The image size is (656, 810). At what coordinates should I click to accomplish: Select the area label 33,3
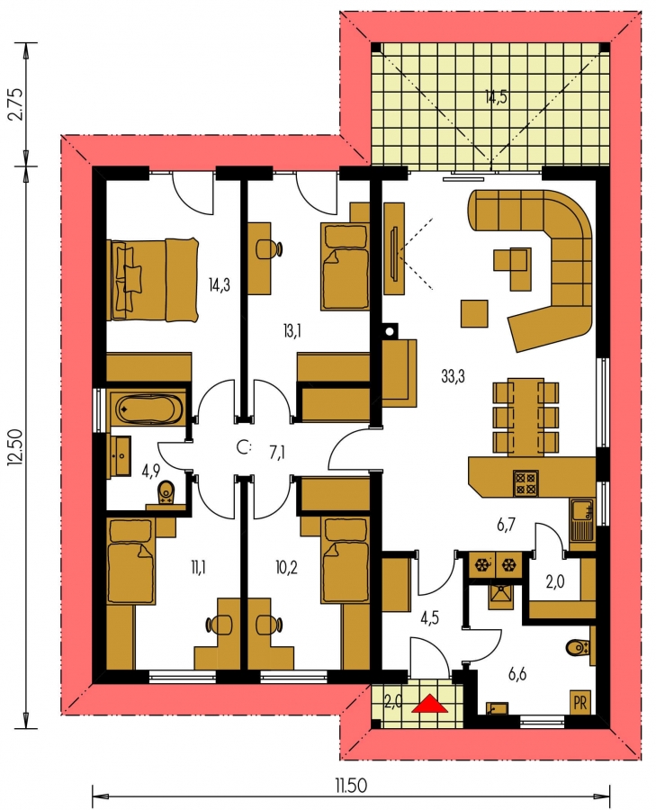453,376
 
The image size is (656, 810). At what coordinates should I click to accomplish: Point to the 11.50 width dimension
351,786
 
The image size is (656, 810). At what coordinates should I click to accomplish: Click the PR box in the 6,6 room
580,703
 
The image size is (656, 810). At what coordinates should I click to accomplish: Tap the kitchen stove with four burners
526,483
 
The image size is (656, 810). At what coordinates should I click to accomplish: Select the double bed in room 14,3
152,280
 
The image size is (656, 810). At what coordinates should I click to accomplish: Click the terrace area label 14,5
496,96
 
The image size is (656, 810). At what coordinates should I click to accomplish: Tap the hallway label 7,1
277,453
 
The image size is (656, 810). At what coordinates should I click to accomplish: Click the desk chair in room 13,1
269,249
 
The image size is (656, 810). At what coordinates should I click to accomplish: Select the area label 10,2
286,568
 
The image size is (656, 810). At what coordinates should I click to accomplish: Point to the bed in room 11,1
130,562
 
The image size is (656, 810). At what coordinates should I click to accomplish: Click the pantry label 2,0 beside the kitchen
555,581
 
